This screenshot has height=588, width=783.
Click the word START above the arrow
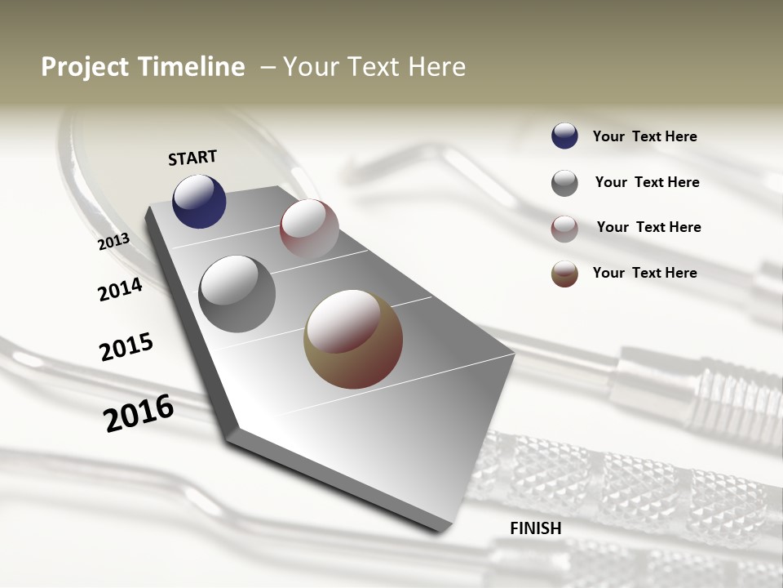(192, 157)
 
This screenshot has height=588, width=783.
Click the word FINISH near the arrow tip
(536, 528)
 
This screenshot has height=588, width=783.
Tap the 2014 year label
(120, 289)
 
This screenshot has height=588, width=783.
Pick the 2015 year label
(126, 346)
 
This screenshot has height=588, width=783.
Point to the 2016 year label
(139, 412)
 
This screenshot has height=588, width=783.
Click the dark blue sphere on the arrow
(199, 201)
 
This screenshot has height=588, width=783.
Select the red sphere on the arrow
(309, 228)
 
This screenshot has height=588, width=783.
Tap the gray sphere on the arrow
(237, 293)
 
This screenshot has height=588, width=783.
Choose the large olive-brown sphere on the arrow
(353, 340)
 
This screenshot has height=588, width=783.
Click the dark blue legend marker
(564, 136)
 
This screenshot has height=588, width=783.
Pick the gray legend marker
(564, 183)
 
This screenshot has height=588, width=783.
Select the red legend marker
(564, 228)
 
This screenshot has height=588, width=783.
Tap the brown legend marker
(564, 274)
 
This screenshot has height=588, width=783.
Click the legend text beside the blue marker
(644, 136)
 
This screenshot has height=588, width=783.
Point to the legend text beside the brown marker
(644, 273)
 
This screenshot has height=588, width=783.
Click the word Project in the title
(84, 67)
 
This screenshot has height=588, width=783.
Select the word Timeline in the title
(190, 67)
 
